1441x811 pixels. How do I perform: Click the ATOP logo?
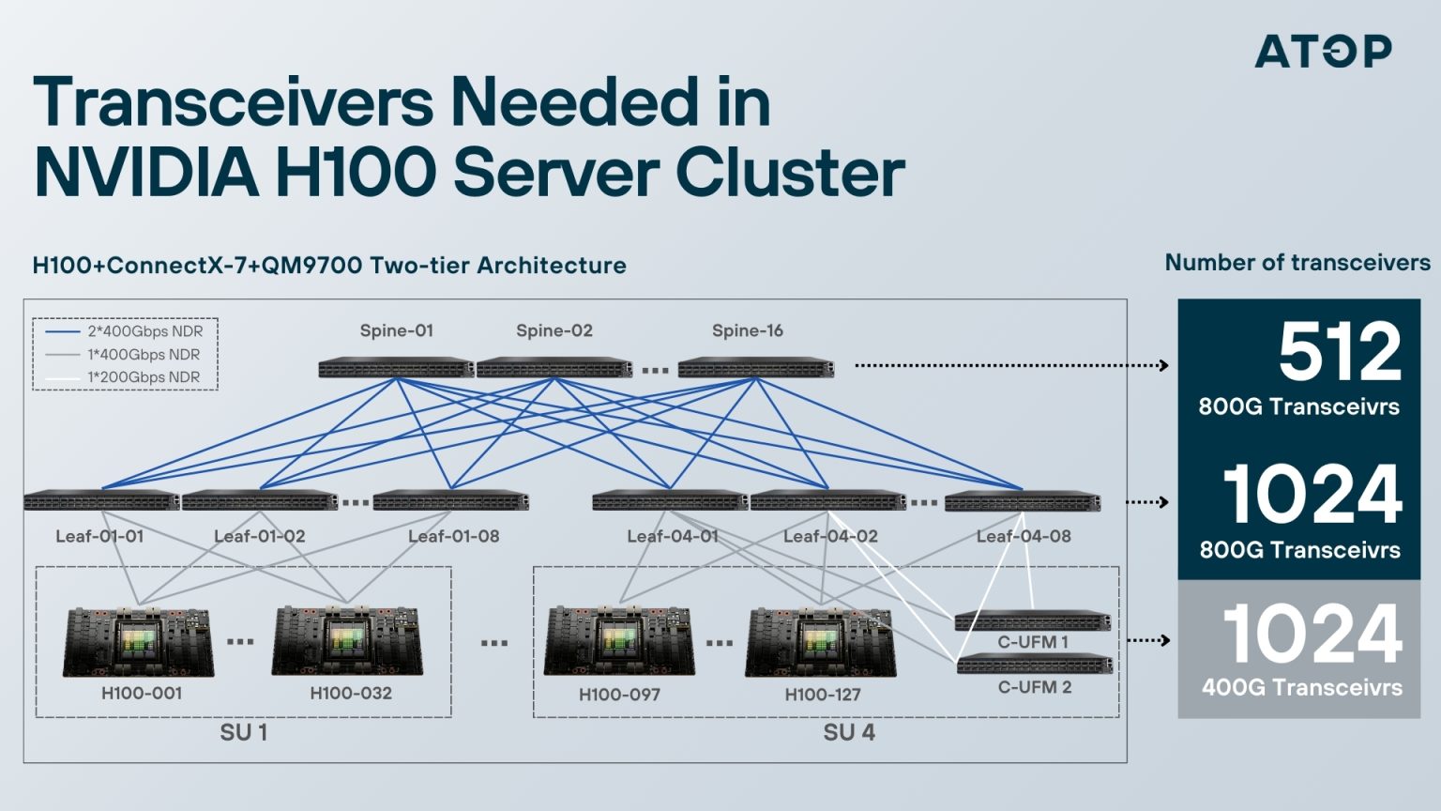[x=1323, y=51]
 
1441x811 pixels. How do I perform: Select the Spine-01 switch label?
[x=396, y=330]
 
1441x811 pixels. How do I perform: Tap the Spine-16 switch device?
[x=755, y=368]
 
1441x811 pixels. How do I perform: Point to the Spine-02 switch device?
[x=554, y=368]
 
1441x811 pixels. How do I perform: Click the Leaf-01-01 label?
[x=99, y=536]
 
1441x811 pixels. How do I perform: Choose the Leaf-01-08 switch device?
[x=450, y=501]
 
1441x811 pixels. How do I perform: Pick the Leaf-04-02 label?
[x=830, y=536]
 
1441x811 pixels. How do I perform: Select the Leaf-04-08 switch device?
[x=1022, y=501]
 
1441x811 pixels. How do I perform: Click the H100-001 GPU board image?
[x=139, y=642]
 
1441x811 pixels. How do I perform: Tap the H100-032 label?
[x=351, y=694]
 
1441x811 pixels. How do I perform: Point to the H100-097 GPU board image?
[x=620, y=642]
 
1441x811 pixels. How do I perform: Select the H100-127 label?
[x=823, y=695]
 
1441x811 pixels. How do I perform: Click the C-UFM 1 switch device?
[x=1032, y=620]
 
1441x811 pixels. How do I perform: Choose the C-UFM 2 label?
[x=1034, y=687]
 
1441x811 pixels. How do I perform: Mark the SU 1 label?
[x=244, y=732]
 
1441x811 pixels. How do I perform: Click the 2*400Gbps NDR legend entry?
[x=144, y=331]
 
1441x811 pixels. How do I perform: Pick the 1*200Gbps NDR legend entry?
[x=143, y=377]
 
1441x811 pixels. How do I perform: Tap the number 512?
[x=1339, y=353]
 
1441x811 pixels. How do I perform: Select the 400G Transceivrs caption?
[x=1301, y=688]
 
